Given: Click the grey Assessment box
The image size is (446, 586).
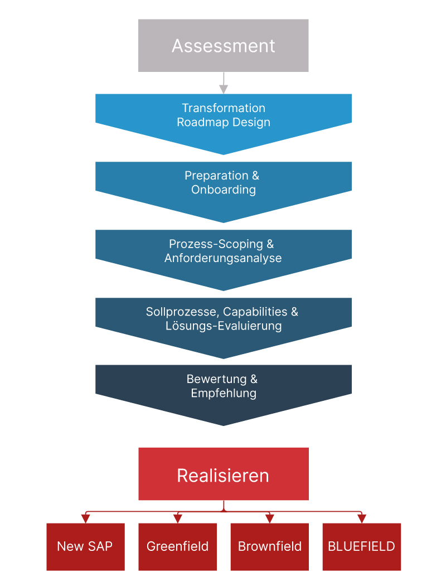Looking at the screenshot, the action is point(224,46).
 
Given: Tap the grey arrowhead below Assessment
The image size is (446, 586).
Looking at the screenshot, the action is point(224,89).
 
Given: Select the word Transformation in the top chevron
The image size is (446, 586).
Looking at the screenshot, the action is point(224,108).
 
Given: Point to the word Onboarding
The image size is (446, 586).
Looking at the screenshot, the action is point(224,190).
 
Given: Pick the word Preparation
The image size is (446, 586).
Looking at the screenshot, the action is point(217,176).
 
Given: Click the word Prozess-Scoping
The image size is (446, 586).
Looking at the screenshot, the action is point(216,244).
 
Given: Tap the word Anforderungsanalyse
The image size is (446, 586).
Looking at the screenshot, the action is point(224,258).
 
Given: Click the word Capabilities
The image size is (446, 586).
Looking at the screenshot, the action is point(255,312).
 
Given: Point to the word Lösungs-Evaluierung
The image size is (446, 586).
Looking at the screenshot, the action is point(224,326).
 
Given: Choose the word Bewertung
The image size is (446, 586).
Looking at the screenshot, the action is point(217,379).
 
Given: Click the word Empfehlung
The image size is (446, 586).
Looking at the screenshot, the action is point(224,393).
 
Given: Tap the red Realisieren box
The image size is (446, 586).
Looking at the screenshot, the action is point(224,474).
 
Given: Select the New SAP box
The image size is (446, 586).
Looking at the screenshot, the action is point(85,547).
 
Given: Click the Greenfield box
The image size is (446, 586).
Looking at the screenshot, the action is point(177,547).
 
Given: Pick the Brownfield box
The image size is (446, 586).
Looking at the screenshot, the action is point(270,547).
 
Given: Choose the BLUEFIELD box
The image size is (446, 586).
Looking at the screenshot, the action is point(362,547).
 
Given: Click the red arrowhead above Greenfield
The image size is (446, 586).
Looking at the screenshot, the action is point(178,519).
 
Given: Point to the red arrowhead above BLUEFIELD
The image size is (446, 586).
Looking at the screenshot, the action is point(362,519).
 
